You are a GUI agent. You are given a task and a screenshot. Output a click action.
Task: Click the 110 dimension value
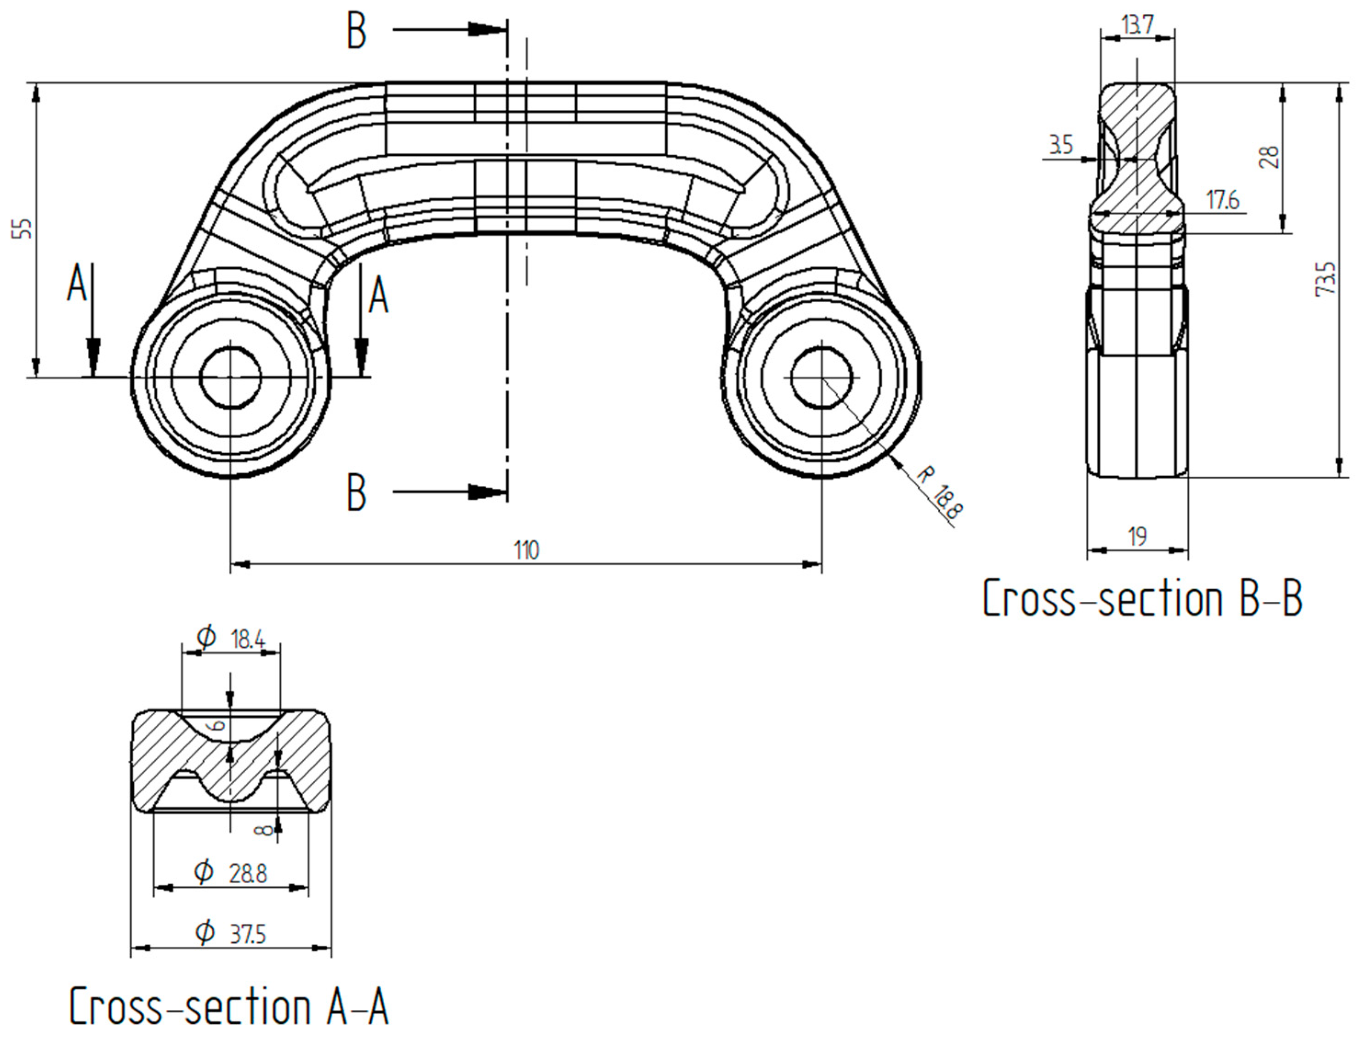tap(526, 550)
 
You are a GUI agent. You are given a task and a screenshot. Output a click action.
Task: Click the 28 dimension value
tap(1269, 157)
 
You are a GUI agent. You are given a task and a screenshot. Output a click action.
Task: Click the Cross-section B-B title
tap(1142, 599)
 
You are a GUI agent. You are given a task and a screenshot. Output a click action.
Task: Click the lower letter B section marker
tap(356, 493)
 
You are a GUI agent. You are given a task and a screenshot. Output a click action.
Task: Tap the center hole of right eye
tap(822, 377)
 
